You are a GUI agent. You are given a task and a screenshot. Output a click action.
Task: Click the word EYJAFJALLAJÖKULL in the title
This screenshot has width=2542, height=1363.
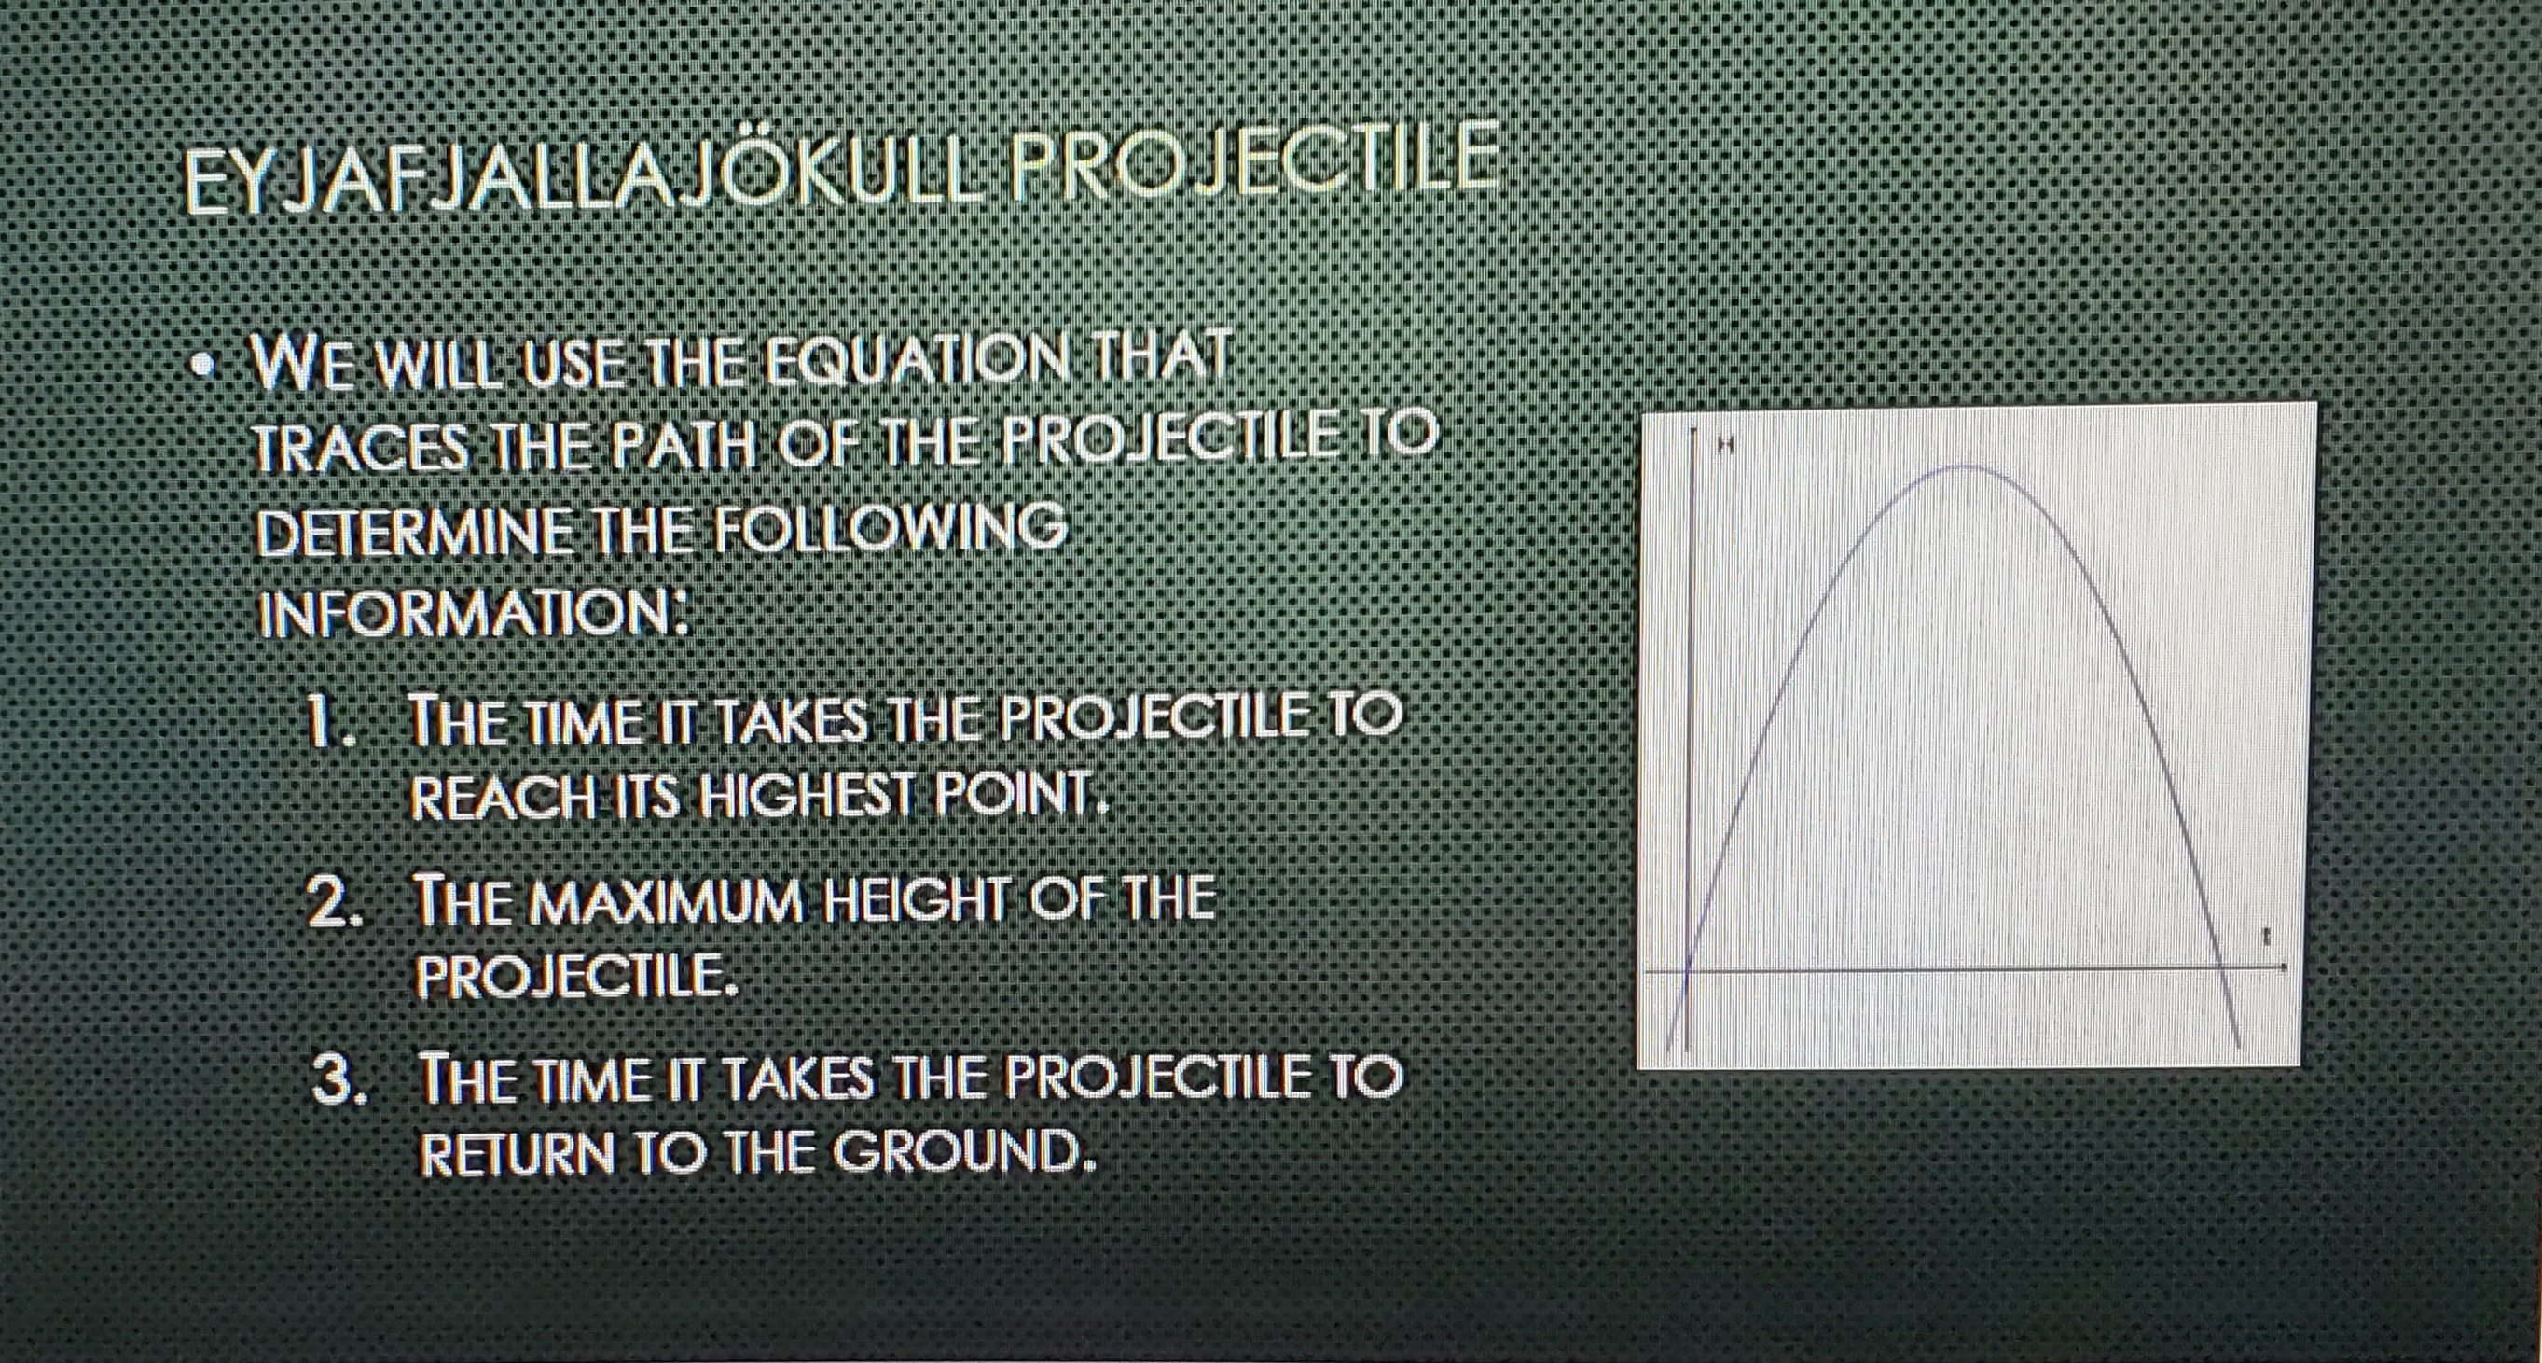[582, 180]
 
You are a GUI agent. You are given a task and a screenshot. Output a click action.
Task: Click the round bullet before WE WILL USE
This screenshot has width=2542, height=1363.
[204, 366]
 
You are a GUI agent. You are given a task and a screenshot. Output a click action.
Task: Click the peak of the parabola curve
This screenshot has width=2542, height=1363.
[1967, 465]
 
